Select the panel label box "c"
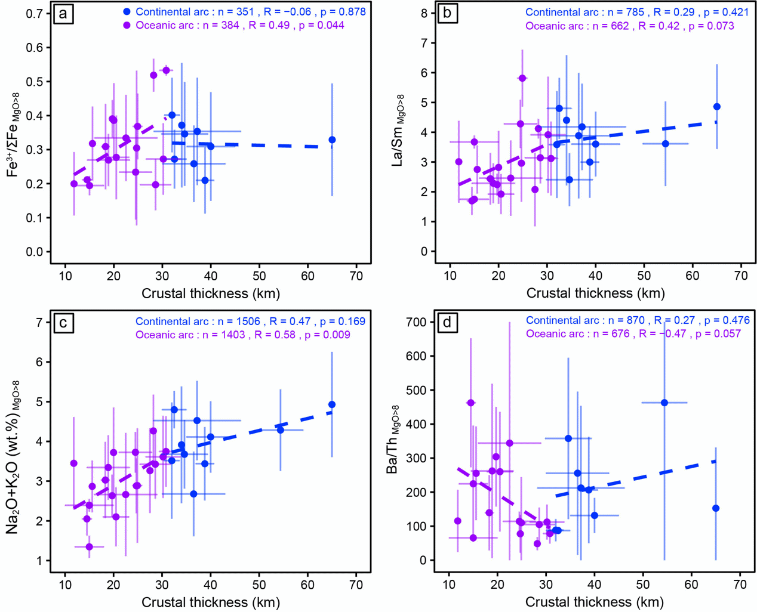click(x=63, y=323)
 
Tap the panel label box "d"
click(x=447, y=323)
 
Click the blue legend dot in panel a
click(x=127, y=12)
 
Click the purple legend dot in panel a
click(x=127, y=26)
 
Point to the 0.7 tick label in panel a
click(x=35, y=13)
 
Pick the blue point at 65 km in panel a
click(x=332, y=140)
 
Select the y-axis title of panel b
click(x=398, y=130)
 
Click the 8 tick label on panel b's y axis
click(x=424, y=13)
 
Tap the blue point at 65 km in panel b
click(x=717, y=107)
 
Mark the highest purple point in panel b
click(x=522, y=78)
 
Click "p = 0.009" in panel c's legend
click(x=327, y=335)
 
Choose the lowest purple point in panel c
click(x=90, y=546)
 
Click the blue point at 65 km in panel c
click(x=332, y=404)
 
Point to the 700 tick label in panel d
click(x=416, y=322)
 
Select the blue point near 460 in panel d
click(x=664, y=403)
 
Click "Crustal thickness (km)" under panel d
click(x=595, y=602)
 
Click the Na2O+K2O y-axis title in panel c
click(x=13, y=456)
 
